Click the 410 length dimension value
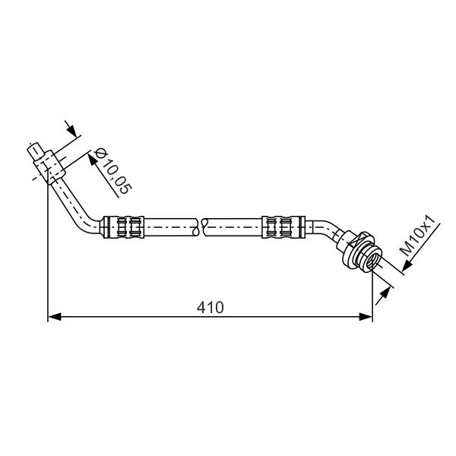211,307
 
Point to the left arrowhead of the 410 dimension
55,317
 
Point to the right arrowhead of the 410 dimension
366,317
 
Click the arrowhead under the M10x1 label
408,266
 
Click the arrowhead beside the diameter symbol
93,160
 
